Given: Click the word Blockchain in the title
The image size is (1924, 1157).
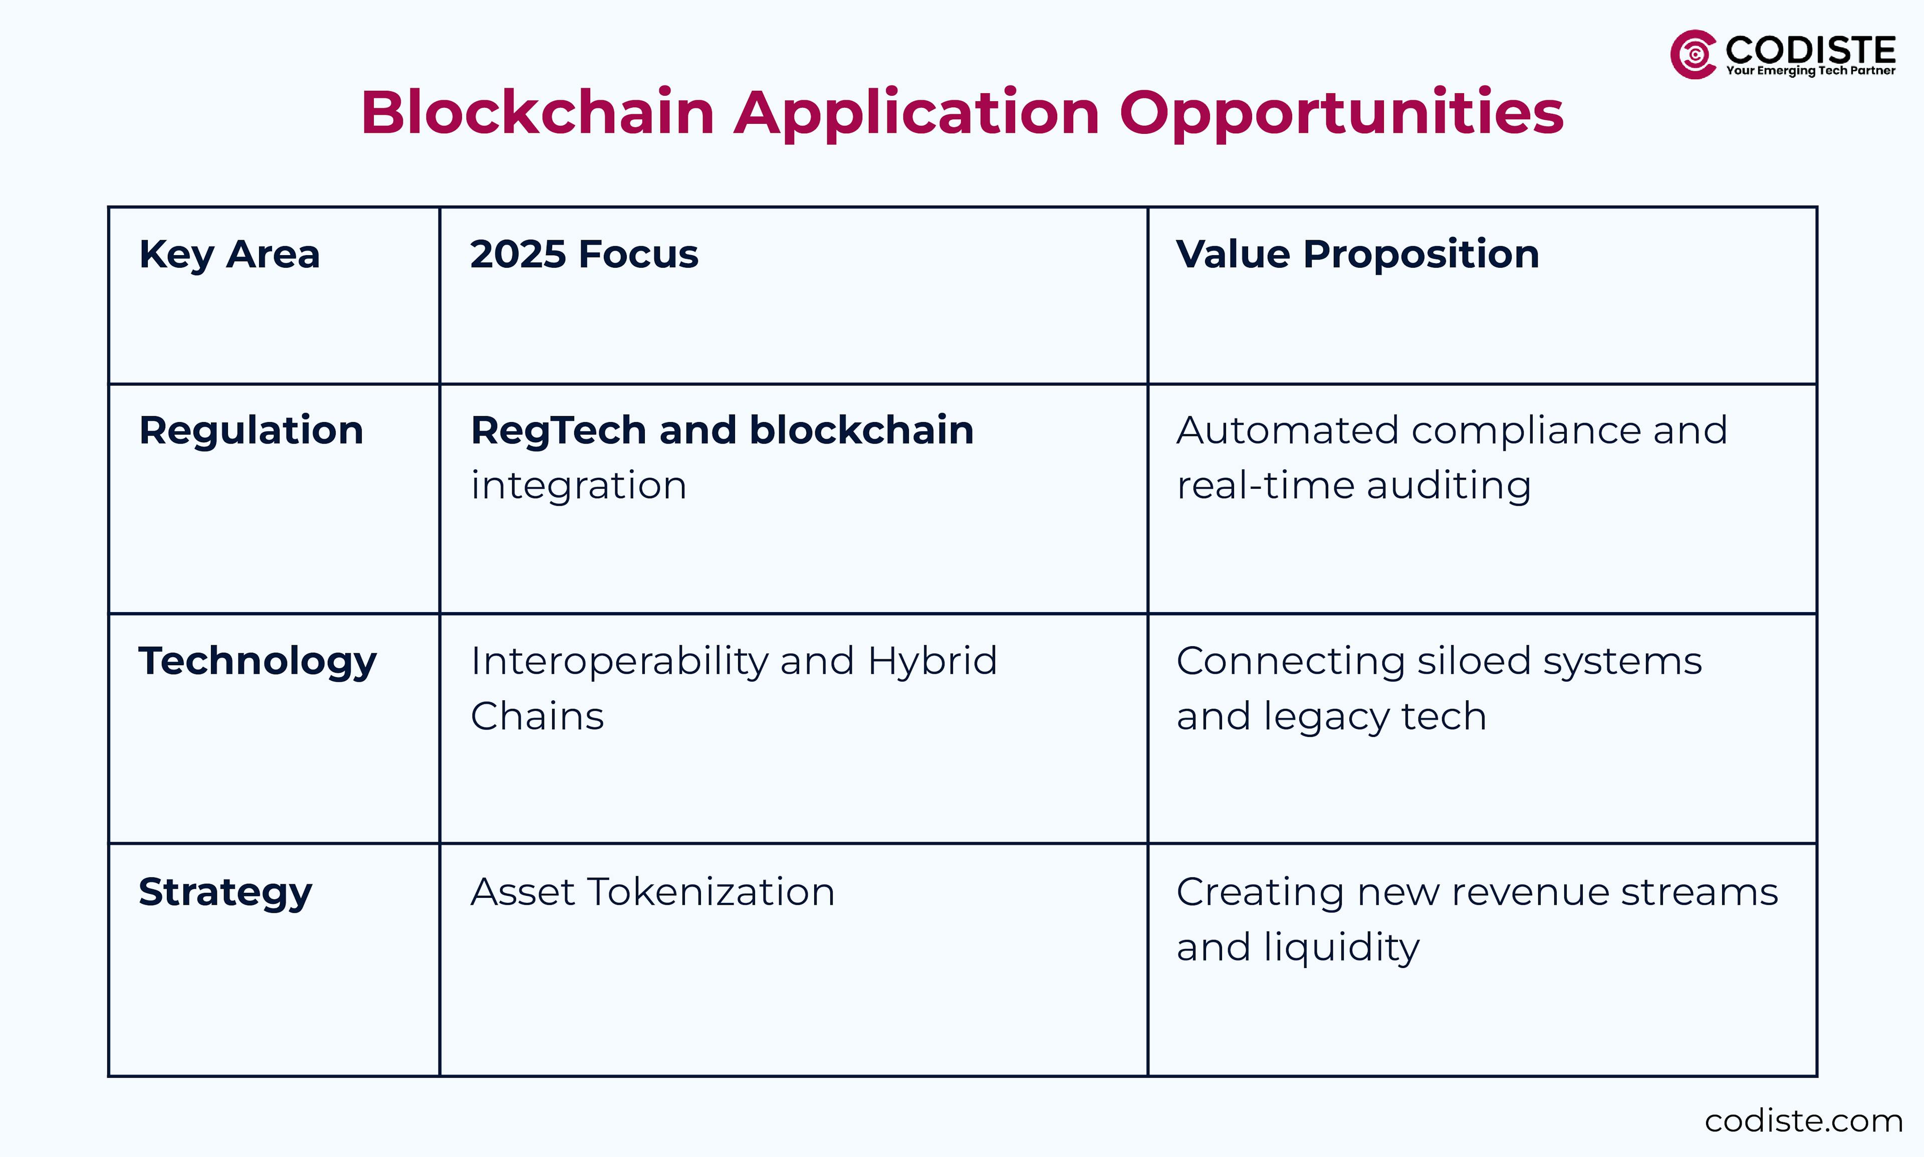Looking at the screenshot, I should [x=538, y=113].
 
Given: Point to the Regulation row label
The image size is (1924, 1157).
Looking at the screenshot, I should [x=251, y=431].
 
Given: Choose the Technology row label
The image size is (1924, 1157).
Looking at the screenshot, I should [x=257, y=662].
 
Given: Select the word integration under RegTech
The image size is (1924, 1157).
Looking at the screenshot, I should [x=578, y=486].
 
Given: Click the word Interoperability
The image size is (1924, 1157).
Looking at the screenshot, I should [x=619, y=662].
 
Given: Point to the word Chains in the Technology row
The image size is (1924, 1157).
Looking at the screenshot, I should [x=537, y=716].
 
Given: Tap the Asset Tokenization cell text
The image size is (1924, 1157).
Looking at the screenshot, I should [x=652, y=892].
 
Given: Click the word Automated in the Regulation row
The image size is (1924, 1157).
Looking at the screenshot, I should [x=1287, y=431].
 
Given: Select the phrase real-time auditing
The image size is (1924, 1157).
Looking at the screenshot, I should [x=1354, y=486].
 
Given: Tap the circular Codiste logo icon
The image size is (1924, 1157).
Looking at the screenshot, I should [x=1692, y=55].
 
